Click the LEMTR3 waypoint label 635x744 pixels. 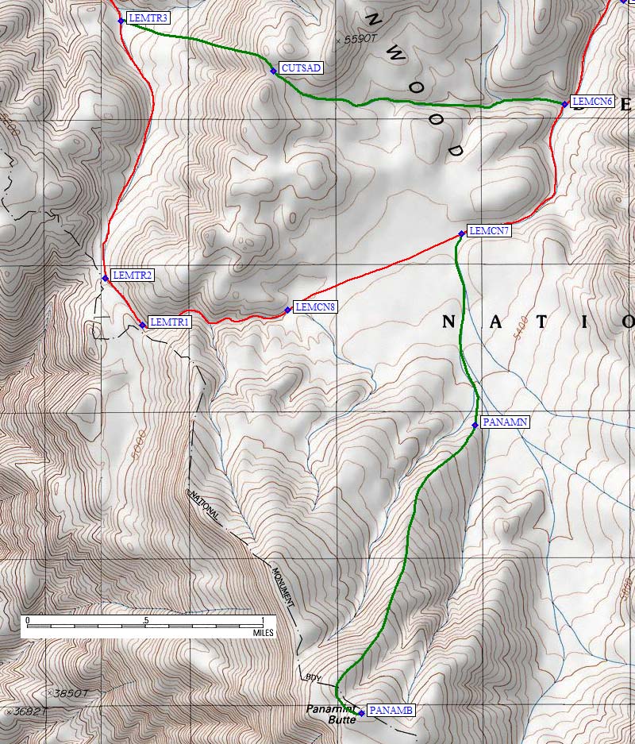pos(148,17)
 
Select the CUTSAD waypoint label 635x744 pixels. pos(302,68)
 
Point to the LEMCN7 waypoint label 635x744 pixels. pos(489,231)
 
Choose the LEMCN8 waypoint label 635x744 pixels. pos(314,306)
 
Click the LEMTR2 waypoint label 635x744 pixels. pos(133,275)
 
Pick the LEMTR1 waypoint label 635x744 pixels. pos(169,322)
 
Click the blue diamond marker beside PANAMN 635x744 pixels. pos(475,426)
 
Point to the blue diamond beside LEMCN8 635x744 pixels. pos(287,310)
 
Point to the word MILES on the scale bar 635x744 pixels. pos(263,633)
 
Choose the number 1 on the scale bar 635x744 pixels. pos(262,619)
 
